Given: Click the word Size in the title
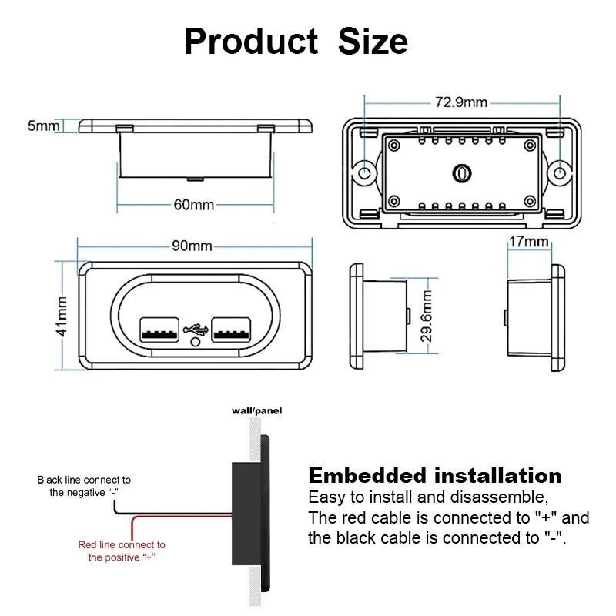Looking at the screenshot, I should (x=373, y=41).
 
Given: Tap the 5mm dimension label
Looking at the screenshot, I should (x=43, y=126).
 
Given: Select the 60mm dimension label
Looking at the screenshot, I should (x=194, y=205).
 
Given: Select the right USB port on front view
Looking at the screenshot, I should (x=231, y=330).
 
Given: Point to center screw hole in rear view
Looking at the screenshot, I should (x=461, y=173).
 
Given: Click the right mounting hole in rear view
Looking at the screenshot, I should (x=560, y=169).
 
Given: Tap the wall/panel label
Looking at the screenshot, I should (x=256, y=411).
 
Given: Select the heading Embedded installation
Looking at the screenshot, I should (x=434, y=475).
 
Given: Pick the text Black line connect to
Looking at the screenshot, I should (x=84, y=480).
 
